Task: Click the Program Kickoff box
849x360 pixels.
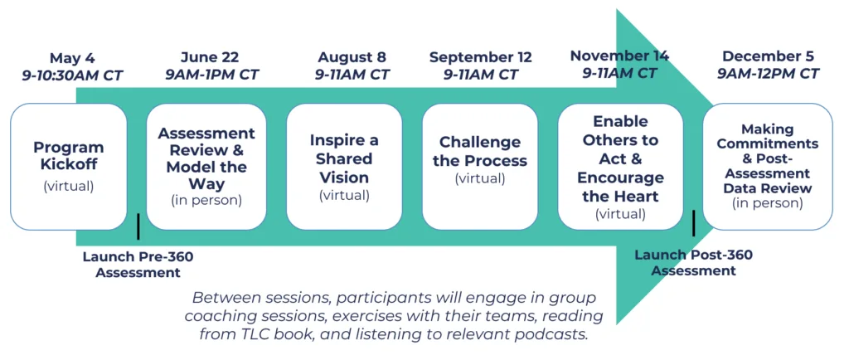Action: click(x=69, y=167)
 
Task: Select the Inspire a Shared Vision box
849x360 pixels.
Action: click(x=344, y=167)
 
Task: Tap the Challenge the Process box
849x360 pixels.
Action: click(x=480, y=167)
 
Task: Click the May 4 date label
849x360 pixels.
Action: click(x=72, y=58)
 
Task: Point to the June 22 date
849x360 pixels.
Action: click(x=210, y=57)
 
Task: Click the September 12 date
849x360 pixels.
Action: click(x=481, y=57)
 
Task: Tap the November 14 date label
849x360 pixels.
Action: click(x=619, y=56)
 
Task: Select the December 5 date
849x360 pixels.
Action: click(x=769, y=56)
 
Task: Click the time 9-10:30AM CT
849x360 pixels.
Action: click(x=73, y=75)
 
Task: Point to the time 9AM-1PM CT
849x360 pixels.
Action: click(x=211, y=74)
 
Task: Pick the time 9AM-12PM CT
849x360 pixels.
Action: click(x=769, y=73)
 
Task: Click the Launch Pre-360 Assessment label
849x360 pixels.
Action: click(x=138, y=264)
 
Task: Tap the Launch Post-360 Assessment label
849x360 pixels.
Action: click(x=694, y=263)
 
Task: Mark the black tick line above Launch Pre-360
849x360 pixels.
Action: click(x=138, y=226)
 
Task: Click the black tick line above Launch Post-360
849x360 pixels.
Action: click(x=694, y=223)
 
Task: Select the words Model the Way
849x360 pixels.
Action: click(x=206, y=175)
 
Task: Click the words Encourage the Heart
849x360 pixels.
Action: click(x=620, y=187)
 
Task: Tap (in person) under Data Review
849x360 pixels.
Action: click(x=768, y=203)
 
